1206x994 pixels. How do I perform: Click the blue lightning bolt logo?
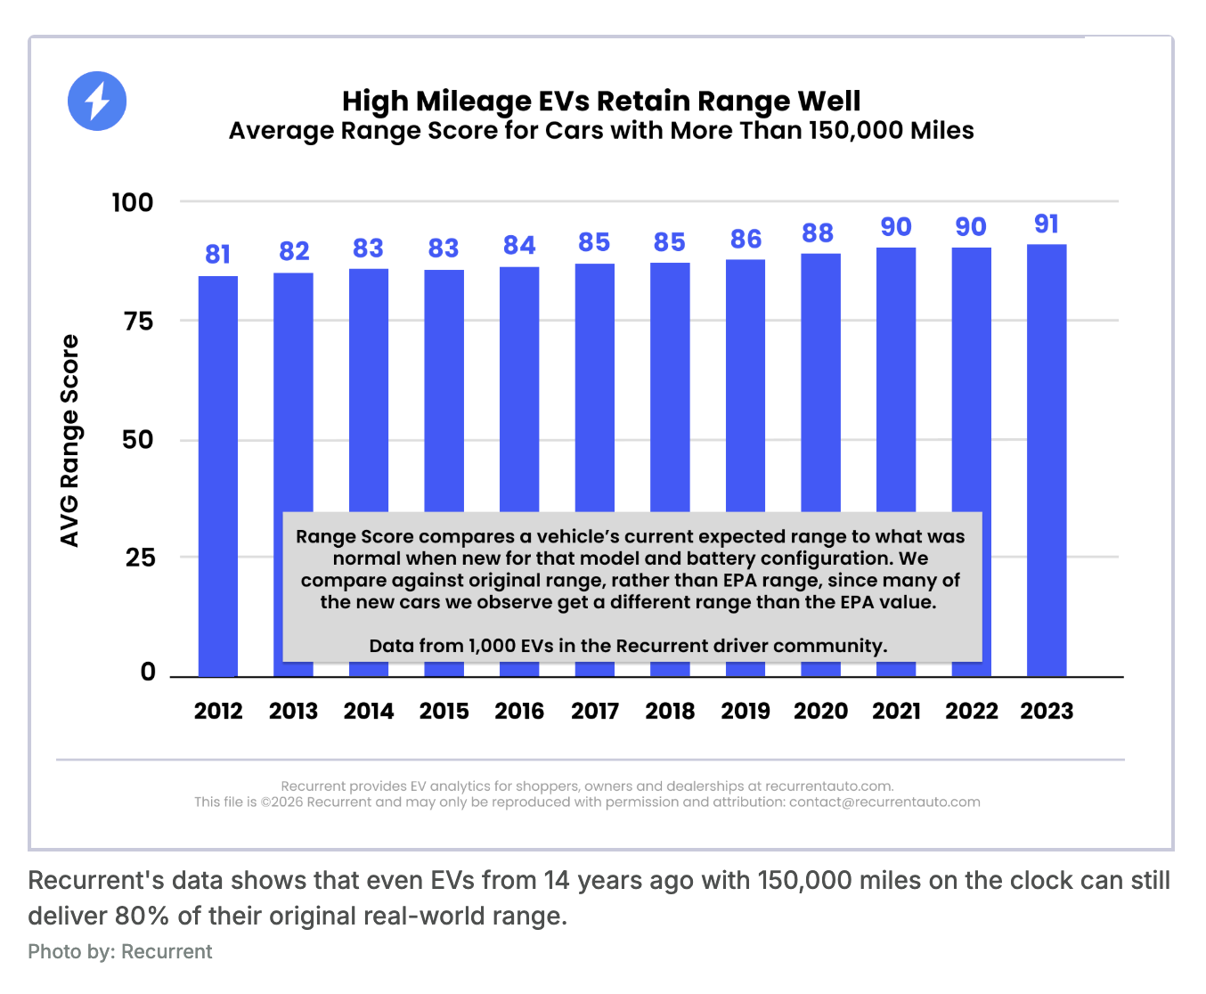click(97, 101)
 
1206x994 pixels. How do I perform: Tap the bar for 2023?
click(1047, 459)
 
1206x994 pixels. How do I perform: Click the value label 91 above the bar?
click(1047, 224)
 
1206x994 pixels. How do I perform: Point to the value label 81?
click(218, 255)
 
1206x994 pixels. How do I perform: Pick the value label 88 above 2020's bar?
click(818, 233)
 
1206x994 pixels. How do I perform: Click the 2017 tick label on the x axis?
click(595, 711)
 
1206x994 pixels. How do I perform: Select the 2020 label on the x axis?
click(820, 711)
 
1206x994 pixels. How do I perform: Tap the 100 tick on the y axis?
click(133, 202)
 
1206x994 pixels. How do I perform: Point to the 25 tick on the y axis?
click(140, 558)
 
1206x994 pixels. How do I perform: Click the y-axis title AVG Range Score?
click(69, 441)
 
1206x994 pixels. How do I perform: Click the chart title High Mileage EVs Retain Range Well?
click(601, 102)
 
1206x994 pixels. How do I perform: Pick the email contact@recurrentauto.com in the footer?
click(884, 802)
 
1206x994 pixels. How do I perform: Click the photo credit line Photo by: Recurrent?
click(120, 951)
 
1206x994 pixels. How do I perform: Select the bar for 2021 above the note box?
click(896, 379)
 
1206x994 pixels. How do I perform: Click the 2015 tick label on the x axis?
click(444, 711)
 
